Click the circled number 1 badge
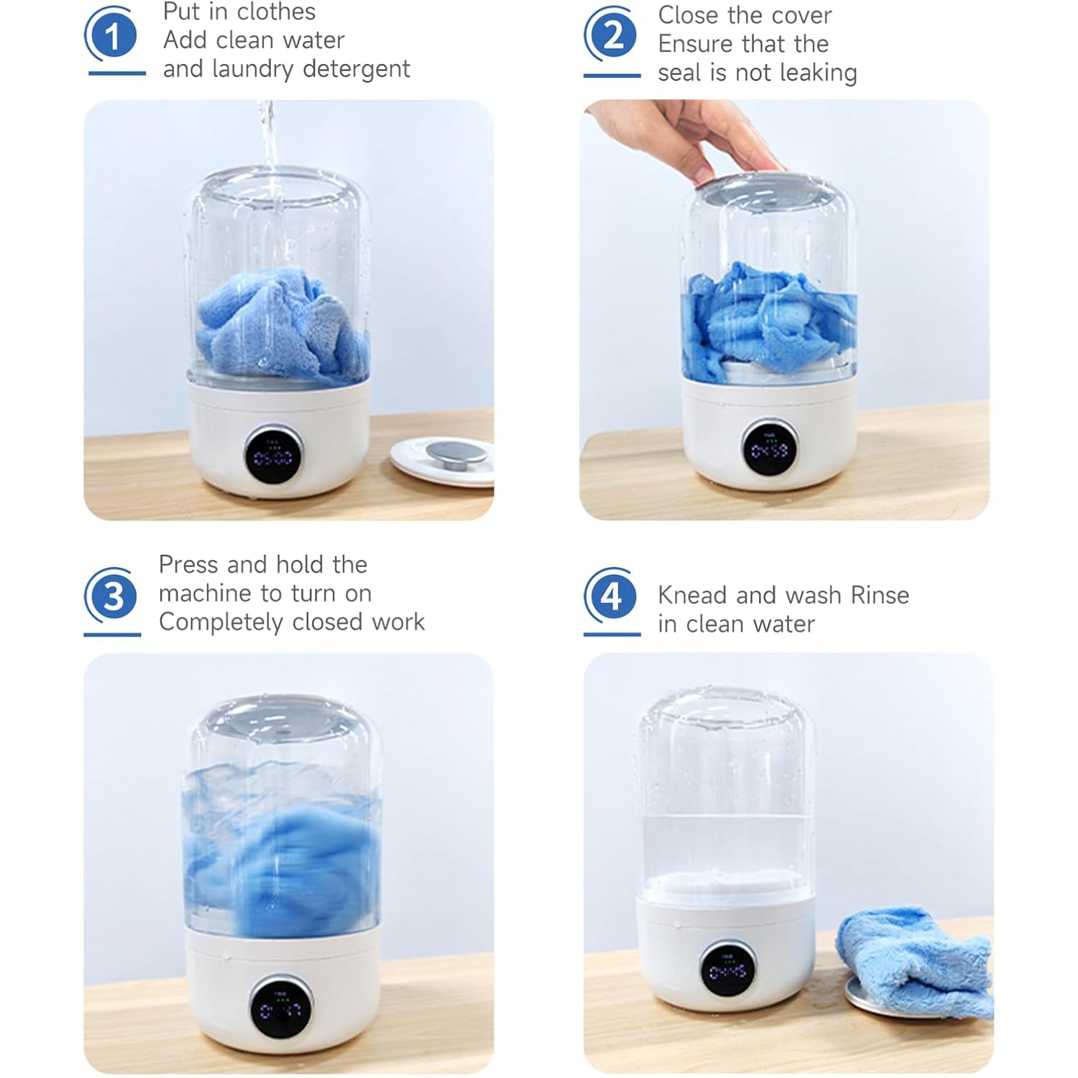click(111, 36)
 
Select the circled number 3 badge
click(111, 596)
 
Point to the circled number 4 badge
click(611, 596)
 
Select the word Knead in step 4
click(692, 596)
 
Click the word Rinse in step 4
click(880, 596)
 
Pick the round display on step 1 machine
click(273, 456)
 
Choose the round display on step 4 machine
click(728, 970)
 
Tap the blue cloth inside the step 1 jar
click(280, 323)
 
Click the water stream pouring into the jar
click(268, 144)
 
